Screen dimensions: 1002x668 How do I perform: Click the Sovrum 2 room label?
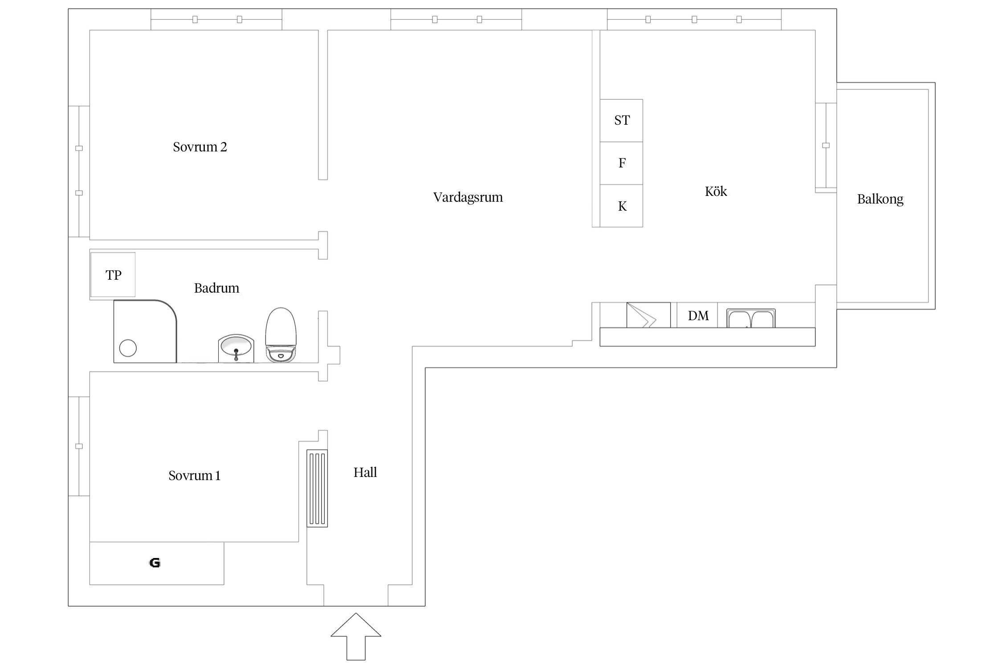[x=200, y=147]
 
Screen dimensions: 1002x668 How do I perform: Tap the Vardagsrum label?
[x=468, y=197]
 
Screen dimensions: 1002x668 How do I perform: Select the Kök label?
[x=716, y=191]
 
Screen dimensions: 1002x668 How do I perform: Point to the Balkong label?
[x=880, y=199]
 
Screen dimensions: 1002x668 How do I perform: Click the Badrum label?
[x=217, y=288]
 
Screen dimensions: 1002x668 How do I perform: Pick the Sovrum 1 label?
[x=195, y=476]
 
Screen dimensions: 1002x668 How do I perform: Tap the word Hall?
[x=365, y=472]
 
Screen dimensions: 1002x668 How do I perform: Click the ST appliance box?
[x=621, y=121]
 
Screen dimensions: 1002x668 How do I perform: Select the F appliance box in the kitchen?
[x=621, y=163]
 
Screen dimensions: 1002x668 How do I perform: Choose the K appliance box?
[x=621, y=206]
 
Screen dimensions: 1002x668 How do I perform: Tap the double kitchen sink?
[x=751, y=318]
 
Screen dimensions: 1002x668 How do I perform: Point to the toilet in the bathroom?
[x=281, y=334]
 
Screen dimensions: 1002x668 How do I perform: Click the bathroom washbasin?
[x=236, y=349]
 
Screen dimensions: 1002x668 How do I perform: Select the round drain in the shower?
[x=128, y=348]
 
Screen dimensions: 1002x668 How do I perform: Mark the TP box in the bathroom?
[x=113, y=275]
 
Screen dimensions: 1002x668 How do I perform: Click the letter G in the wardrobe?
[x=155, y=563]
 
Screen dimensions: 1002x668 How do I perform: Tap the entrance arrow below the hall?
[x=356, y=637]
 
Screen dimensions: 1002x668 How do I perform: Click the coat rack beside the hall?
[x=317, y=489]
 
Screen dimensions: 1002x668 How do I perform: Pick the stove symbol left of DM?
[x=648, y=315]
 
